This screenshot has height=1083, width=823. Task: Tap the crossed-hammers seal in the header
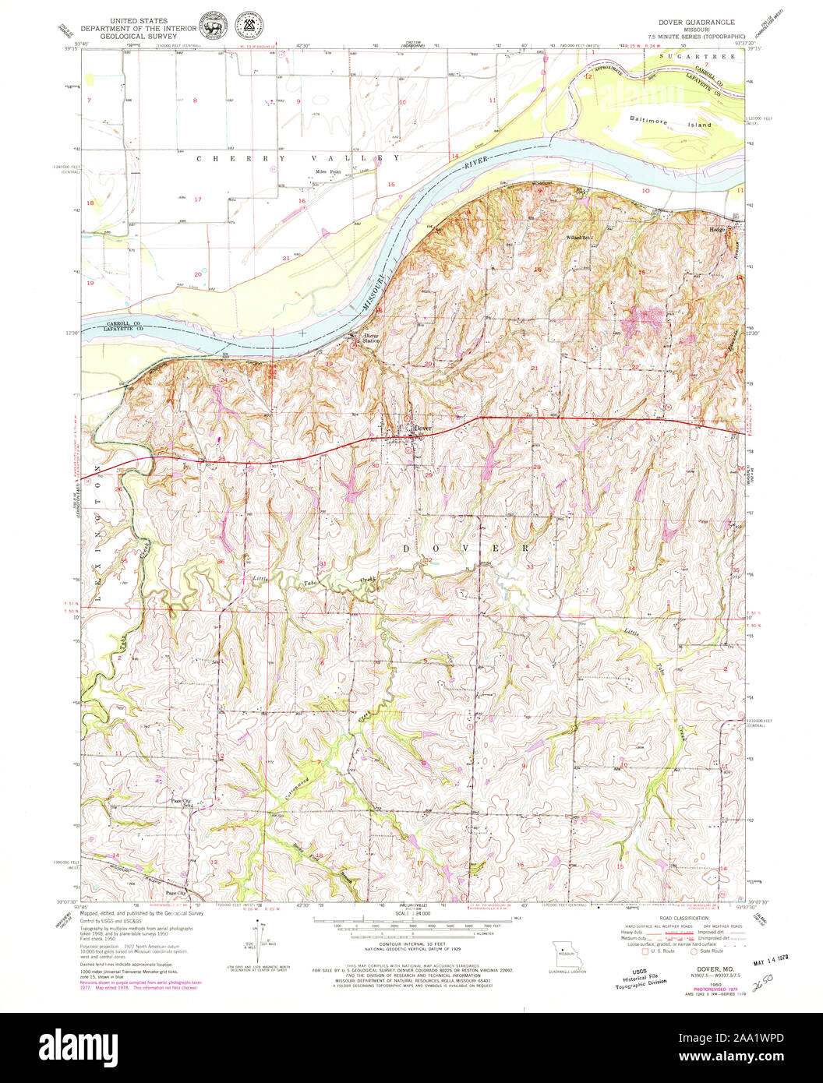(249, 28)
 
